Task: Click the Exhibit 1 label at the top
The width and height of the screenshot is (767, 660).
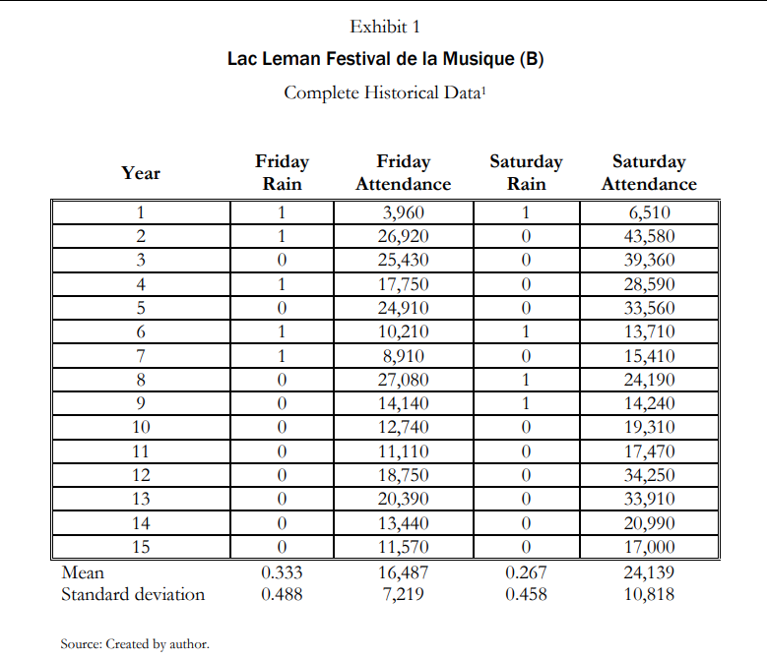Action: (385, 27)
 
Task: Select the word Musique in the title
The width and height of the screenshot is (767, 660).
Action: (479, 59)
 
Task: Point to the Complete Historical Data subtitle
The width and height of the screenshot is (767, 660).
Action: (385, 92)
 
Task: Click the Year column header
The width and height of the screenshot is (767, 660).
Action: (141, 173)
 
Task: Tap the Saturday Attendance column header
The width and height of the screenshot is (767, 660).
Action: (649, 172)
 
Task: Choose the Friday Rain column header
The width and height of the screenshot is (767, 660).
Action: (282, 172)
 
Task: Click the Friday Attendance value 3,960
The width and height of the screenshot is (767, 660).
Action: (404, 212)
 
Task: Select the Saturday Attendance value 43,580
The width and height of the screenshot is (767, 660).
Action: (649, 236)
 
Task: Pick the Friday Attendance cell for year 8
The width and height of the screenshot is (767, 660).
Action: (404, 380)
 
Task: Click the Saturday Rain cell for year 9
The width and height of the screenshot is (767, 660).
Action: (526, 403)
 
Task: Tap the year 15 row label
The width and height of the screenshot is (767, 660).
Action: (141, 547)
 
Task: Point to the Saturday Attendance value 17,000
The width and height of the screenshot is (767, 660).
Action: (649, 547)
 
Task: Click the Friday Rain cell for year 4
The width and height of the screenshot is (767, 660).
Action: (282, 284)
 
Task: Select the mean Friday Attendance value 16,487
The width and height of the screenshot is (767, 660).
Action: (404, 572)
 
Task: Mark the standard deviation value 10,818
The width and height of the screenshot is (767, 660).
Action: (649, 594)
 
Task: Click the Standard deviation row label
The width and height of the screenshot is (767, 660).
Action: (133, 594)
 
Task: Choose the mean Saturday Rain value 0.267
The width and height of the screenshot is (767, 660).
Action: (526, 572)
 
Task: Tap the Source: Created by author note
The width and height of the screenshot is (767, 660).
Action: (135, 644)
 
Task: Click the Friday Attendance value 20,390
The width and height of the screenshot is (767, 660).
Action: (404, 499)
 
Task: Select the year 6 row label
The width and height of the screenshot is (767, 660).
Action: (141, 332)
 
